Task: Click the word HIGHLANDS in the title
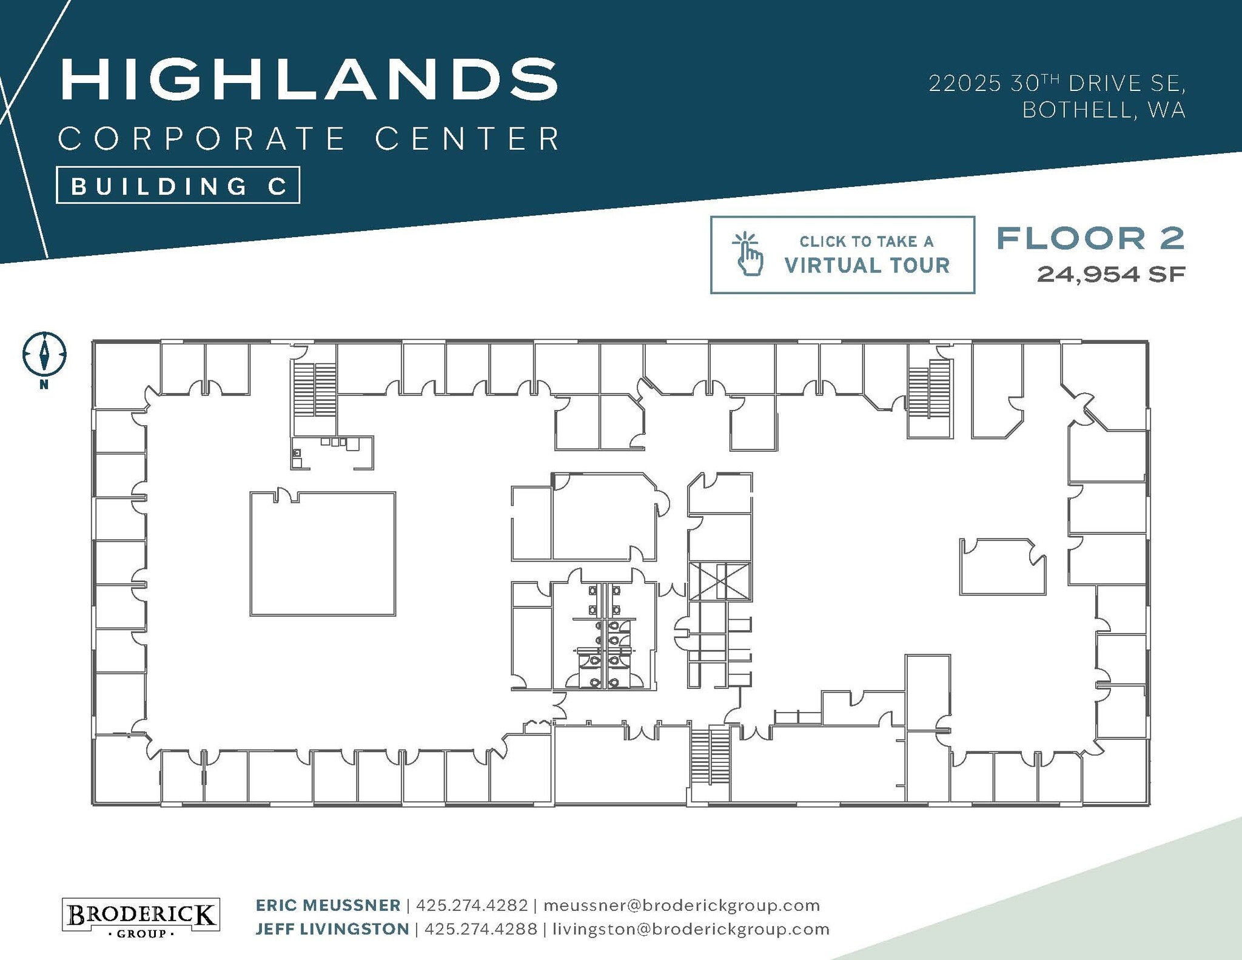pyautogui.click(x=309, y=79)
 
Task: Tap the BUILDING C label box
pyautogui.click(x=178, y=186)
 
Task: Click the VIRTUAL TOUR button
pyautogui.click(x=842, y=255)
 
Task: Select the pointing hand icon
pyautogui.click(x=748, y=254)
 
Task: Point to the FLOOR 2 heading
pyautogui.click(x=1090, y=238)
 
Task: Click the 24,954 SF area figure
pyautogui.click(x=1110, y=274)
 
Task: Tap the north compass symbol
pyautogui.click(x=44, y=354)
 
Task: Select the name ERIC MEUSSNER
pyautogui.click(x=328, y=905)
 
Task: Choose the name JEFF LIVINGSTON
pyautogui.click(x=332, y=929)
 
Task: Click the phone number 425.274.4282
pyautogui.click(x=472, y=905)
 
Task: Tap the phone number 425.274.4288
pyautogui.click(x=481, y=929)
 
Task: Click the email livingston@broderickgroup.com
pyautogui.click(x=691, y=929)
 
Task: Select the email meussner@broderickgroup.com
pyautogui.click(x=682, y=905)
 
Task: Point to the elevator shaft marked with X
pyautogui.click(x=720, y=581)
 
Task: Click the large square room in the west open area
pyautogui.click(x=323, y=554)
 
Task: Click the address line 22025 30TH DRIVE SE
pyautogui.click(x=1057, y=84)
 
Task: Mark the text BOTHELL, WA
pyautogui.click(x=1104, y=110)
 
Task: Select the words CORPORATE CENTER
pyautogui.click(x=309, y=139)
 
